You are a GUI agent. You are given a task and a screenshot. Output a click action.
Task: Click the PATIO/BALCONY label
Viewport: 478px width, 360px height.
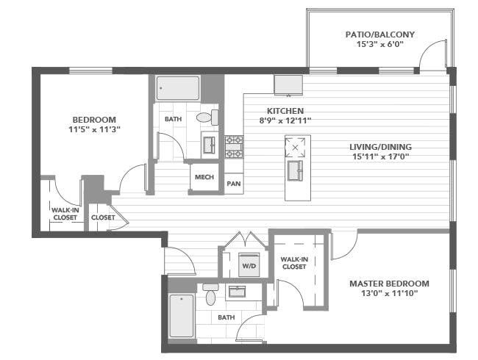point(380,35)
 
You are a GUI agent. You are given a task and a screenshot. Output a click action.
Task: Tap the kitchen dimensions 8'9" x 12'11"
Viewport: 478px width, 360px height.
point(285,121)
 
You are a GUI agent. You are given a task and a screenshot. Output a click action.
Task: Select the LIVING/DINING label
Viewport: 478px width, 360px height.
point(380,147)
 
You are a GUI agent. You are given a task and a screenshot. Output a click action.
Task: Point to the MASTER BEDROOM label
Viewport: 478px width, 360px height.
point(389,284)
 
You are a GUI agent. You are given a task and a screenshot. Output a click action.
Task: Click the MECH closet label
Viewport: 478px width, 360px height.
point(204,177)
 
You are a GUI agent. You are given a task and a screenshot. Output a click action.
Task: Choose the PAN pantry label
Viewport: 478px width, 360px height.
point(234,184)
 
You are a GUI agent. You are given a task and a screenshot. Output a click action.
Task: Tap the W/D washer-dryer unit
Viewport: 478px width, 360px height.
point(249,264)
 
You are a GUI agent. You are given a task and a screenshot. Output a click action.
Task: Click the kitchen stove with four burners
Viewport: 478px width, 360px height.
point(234,147)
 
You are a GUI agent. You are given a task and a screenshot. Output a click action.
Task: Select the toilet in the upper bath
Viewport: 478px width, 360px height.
point(207,118)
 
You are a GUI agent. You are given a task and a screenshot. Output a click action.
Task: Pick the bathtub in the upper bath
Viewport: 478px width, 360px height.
point(178,88)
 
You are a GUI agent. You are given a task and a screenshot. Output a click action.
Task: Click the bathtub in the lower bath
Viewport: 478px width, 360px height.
point(182,315)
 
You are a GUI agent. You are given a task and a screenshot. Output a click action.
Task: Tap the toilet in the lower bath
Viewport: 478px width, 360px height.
point(210,294)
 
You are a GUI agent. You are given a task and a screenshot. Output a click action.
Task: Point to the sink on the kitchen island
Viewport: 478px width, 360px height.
point(296,170)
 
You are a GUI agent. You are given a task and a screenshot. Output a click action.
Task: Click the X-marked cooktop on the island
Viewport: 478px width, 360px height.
point(295,148)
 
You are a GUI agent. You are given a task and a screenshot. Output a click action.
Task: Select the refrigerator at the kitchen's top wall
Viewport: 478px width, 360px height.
point(288,85)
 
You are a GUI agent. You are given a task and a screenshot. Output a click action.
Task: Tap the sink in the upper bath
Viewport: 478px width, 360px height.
point(210,145)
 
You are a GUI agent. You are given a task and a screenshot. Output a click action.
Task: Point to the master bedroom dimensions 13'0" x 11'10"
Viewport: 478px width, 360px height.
point(389,294)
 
